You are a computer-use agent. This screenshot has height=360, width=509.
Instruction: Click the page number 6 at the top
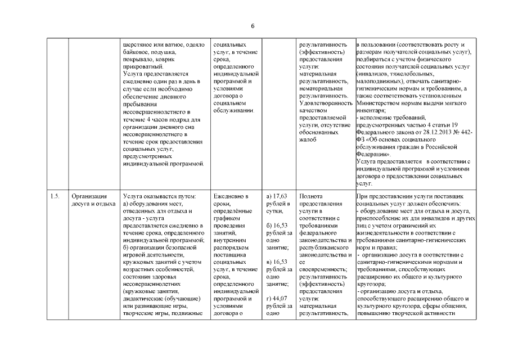point(253,26)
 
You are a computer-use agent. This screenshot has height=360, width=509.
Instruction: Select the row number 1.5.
point(55,196)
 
